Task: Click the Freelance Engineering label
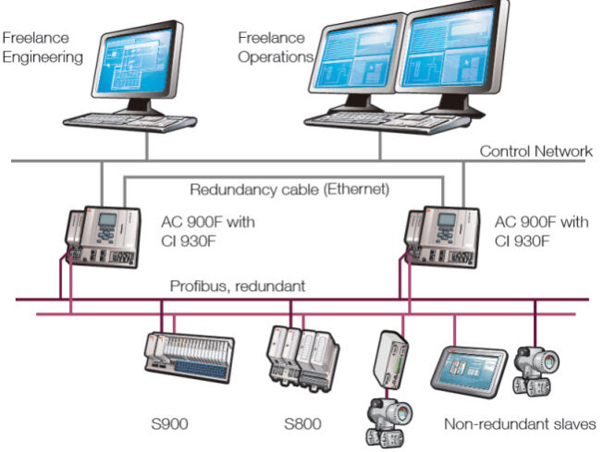tap(43, 47)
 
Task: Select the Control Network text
tap(535, 152)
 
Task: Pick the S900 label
tap(170, 426)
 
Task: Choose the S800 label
tap(304, 426)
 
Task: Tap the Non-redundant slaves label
tap(520, 425)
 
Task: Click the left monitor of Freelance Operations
tap(359, 59)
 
